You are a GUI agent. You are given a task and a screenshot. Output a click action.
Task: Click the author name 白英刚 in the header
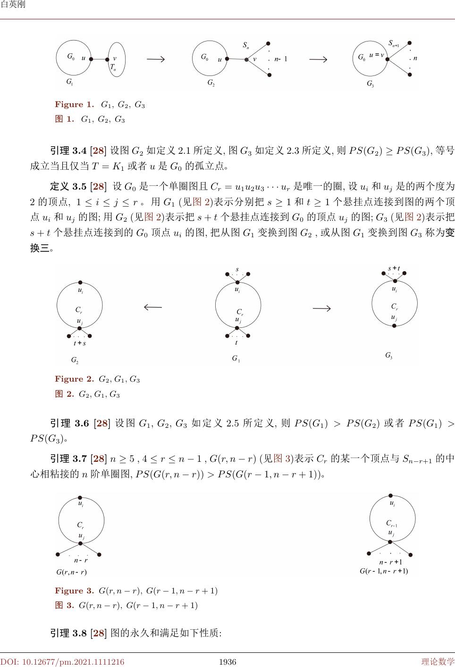pyautogui.click(x=13, y=5)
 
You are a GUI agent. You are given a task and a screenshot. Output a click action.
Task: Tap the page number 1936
pyautogui.click(x=227, y=662)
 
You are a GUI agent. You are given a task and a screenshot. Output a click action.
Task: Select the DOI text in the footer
pyautogui.click(x=62, y=662)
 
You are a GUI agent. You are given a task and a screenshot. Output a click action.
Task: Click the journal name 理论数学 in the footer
pyautogui.click(x=438, y=662)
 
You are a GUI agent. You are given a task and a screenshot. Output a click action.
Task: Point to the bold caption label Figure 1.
pyautogui.click(x=75, y=105)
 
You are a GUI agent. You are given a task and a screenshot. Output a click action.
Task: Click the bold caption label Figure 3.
pyautogui.click(x=75, y=591)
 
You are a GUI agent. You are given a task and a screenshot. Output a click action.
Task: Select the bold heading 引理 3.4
pyautogui.click(x=68, y=151)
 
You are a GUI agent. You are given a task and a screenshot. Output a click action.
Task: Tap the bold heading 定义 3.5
pyautogui.click(x=68, y=186)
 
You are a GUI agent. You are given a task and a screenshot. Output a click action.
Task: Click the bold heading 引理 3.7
pyautogui.click(x=68, y=458)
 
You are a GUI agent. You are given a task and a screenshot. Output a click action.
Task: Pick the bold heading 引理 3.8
pyautogui.click(x=68, y=633)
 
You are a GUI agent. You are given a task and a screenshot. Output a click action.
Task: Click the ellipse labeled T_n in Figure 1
pyautogui.click(x=117, y=59)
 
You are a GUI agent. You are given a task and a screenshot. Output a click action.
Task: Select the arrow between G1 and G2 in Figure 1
pyautogui.click(x=155, y=59)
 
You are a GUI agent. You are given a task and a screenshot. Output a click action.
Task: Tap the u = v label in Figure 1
pyautogui.click(x=377, y=55)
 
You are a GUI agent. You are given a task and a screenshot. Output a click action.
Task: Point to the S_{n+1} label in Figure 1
pyautogui.click(x=394, y=43)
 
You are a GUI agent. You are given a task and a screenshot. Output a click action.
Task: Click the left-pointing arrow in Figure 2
pyautogui.click(x=152, y=307)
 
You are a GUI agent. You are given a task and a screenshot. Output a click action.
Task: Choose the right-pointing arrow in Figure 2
pyautogui.click(x=321, y=308)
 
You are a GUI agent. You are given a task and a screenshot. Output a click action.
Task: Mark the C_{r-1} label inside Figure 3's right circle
pyautogui.click(x=392, y=523)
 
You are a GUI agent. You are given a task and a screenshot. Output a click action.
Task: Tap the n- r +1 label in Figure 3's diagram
pyautogui.click(x=391, y=562)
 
